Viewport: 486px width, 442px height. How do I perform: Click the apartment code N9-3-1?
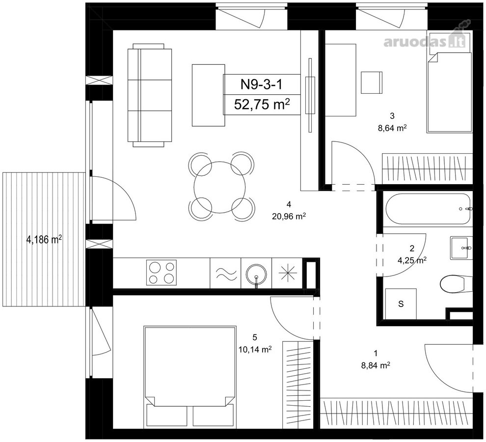coord(262,84)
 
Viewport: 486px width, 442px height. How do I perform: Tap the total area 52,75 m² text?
coord(262,105)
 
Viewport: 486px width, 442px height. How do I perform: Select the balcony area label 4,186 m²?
coord(44,240)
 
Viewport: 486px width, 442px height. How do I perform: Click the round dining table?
coord(219,187)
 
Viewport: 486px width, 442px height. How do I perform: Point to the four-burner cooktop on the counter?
coord(162,273)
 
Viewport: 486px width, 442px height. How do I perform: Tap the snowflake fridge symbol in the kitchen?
coord(288,273)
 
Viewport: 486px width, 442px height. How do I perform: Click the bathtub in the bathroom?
coord(428,209)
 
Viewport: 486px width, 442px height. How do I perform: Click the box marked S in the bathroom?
coord(401,304)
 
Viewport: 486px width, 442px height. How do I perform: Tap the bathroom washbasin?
coord(461,248)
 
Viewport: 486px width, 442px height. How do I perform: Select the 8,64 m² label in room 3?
coord(392,128)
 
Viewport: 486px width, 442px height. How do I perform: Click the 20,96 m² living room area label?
coord(289,216)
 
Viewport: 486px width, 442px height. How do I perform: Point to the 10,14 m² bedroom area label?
coord(255,350)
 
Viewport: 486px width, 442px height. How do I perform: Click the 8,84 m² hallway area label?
coord(376,365)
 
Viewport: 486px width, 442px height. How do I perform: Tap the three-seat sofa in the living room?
coord(149,95)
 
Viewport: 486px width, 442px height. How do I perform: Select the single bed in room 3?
coord(449,92)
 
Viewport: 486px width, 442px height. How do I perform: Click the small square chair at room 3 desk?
coord(372,82)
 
